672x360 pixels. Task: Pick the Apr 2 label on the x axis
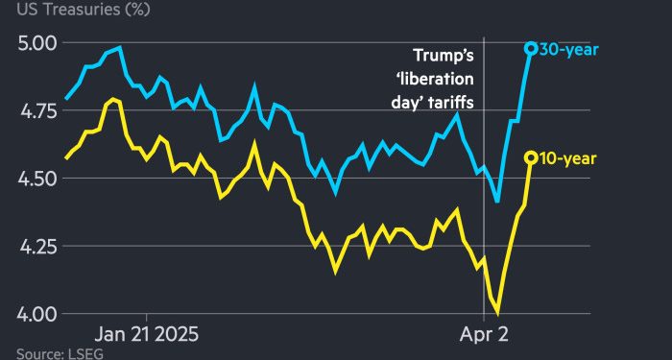point(484,335)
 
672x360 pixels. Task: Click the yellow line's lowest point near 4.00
point(498,313)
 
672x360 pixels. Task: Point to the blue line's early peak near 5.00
point(118,47)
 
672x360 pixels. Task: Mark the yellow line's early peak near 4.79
point(113,99)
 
